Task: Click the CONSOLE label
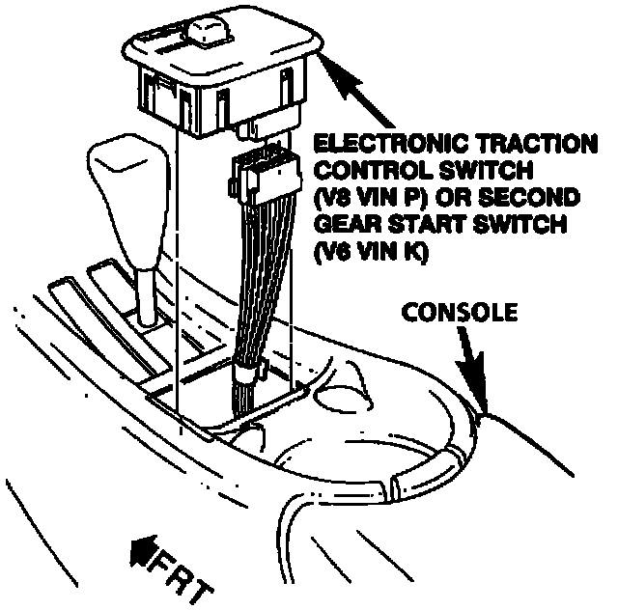click(x=460, y=313)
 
